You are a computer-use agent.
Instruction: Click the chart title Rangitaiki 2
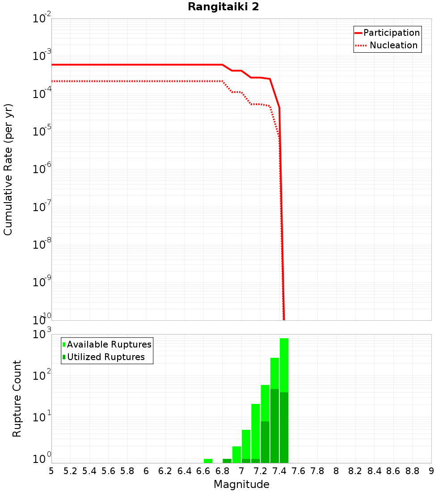(x=223, y=7)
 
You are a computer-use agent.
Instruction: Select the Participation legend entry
(x=391, y=33)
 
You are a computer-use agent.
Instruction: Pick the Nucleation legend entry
(x=393, y=45)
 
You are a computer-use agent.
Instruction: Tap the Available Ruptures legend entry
(x=109, y=344)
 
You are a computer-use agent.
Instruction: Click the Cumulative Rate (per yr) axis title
(x=8, y=170)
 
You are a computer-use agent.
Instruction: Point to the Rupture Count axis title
(x=17, y=399)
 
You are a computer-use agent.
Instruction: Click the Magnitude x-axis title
(x=241, y=484)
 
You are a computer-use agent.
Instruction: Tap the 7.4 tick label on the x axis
(x=279, y=471)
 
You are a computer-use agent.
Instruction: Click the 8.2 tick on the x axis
(x=355, y=471)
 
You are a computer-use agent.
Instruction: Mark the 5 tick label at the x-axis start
(x=51, y=471)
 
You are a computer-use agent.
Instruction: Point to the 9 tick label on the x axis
(x=431, y=471)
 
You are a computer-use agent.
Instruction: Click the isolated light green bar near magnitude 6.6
(x=208, y=461)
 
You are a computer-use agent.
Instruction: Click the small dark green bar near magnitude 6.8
(x=227, y=461)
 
